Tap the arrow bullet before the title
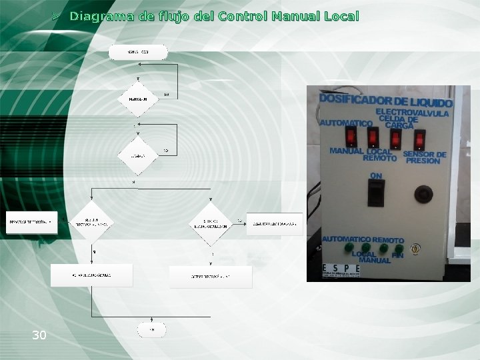point(57,15)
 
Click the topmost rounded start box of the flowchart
point(138,52)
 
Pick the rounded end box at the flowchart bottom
point(151,329)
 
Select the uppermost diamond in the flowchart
point(138,98)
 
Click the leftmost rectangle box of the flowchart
point(31,222)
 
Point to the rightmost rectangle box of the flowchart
point(274,223)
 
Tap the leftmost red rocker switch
point(350,137)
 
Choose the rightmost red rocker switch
point(419,139)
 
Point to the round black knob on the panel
point(420,195)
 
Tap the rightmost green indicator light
point(398,248)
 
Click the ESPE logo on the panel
point(342,269)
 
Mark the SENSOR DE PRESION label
point(425,158)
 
